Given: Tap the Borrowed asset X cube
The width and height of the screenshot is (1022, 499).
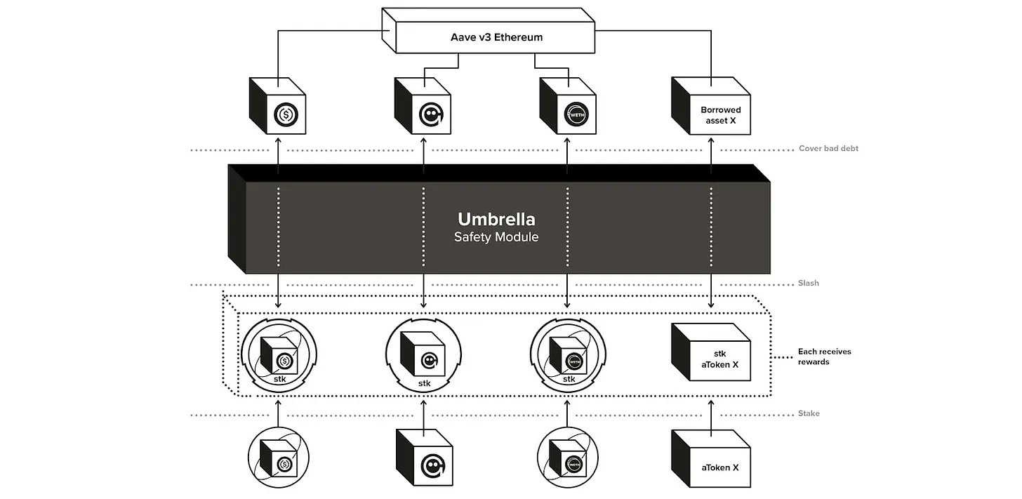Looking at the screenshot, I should [711, 107].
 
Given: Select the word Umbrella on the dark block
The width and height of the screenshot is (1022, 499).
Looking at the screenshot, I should [496, 218].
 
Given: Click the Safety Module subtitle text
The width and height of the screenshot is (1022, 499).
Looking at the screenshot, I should [496, 237].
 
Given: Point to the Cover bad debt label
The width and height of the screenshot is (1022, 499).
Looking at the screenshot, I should [828, 149].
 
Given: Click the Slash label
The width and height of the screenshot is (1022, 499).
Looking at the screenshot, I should [809, 284].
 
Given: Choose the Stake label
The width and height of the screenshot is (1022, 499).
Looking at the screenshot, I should [809, 413].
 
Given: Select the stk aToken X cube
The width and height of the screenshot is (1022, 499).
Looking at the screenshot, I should [711, 352].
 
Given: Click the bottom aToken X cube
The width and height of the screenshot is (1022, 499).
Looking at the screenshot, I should [711, 460].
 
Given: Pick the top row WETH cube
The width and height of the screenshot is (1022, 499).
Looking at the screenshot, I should [568, 107].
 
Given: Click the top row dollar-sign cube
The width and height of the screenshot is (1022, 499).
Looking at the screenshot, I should [279, 107].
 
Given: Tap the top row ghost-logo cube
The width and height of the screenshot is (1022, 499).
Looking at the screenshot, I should [423, 107].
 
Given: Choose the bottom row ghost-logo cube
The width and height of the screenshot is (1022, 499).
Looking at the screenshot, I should [424, 459].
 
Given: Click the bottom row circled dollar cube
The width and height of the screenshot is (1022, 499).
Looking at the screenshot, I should [279, 459].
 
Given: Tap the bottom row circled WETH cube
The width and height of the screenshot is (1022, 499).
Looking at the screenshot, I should [568, 459].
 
